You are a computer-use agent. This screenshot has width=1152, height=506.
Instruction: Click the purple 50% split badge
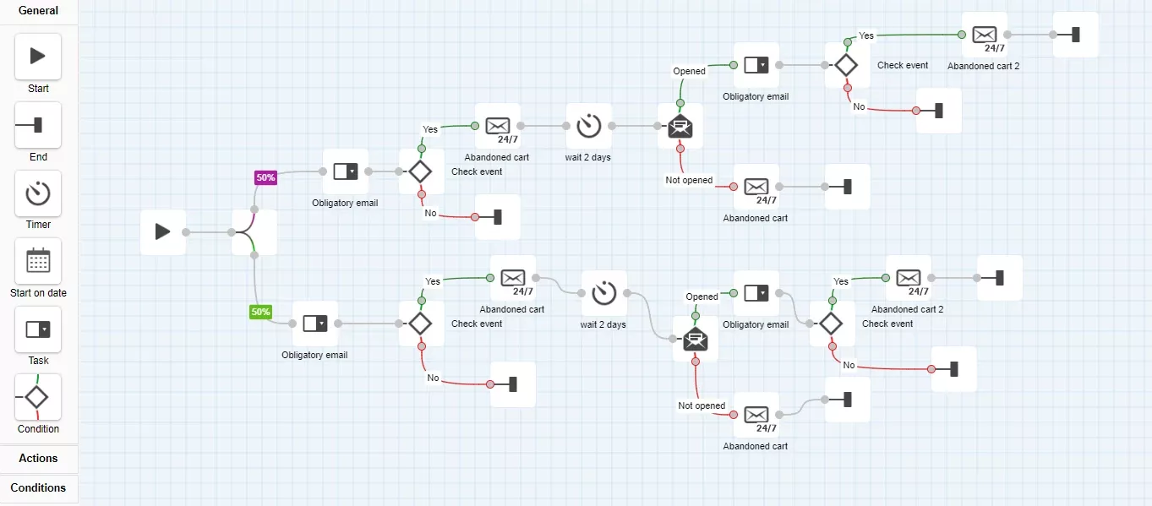pos(265,177)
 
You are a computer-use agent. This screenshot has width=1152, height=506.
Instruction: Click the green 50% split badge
pos(260,312)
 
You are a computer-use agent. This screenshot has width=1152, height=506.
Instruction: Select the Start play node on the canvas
pos(163,232)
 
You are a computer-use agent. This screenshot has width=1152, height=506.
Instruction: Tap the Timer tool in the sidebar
pos(38,193)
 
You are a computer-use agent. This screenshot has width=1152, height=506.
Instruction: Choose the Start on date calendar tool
pos(38,262)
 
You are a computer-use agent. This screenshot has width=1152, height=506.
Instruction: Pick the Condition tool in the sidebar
pos(38,397)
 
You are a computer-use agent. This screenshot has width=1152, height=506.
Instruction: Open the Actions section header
pos(38,458)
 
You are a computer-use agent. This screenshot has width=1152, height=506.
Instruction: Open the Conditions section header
pos(38,487)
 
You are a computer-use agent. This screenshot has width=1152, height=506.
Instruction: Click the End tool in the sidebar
pos(38,125)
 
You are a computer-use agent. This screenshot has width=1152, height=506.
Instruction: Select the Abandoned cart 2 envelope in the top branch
pos(985,35)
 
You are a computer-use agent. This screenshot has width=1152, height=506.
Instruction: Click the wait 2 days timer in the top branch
pos(589,126)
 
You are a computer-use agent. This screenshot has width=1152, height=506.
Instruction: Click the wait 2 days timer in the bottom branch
pos(604,293)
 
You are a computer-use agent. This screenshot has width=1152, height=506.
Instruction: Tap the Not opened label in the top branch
pos(689,180)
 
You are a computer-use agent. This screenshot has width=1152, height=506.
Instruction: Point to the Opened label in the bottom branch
pos(702,297)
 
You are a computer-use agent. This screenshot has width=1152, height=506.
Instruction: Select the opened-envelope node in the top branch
pos(680,126)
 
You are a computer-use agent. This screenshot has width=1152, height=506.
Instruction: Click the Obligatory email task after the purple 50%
pos(345,171)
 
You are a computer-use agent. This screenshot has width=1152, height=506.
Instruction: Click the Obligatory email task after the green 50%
pos(314,324)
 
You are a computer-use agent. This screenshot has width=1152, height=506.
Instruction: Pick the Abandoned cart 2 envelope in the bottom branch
pos(909,278)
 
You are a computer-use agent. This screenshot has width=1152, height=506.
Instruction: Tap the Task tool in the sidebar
pos(38,329)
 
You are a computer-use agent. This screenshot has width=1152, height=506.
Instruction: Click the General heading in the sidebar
pos(38,10)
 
